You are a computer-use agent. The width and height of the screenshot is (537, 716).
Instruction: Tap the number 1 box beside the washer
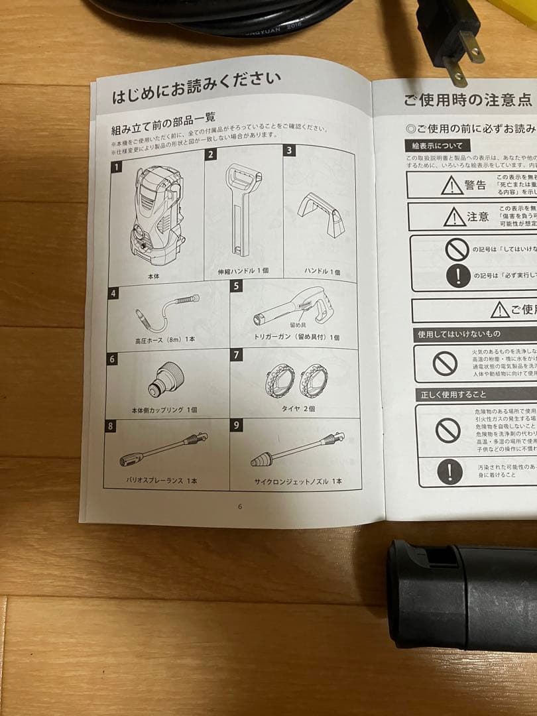[117, 166]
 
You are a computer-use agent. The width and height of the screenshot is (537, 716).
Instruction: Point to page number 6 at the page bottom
[240, 506]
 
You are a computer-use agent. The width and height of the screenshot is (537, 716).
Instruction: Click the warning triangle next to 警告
[452, 186]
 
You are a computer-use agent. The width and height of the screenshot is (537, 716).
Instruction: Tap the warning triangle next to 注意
[454, 216]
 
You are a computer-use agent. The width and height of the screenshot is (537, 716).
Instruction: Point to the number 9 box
[237, 425]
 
